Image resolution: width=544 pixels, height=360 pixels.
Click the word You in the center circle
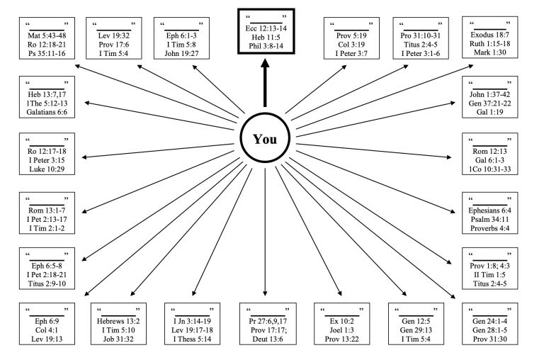(265, 139)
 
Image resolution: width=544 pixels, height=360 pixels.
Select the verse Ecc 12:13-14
(266, 27)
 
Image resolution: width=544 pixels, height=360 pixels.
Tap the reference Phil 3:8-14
(266, 46)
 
